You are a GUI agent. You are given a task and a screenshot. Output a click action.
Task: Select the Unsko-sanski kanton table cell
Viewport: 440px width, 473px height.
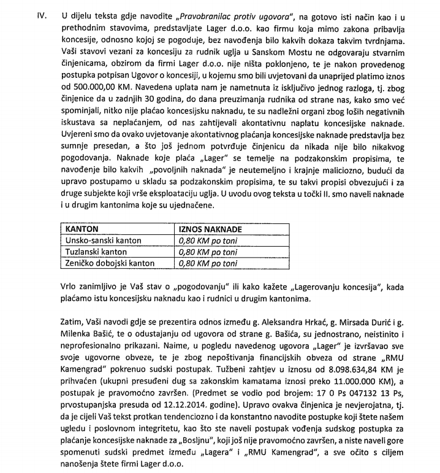tap(104, 240)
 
